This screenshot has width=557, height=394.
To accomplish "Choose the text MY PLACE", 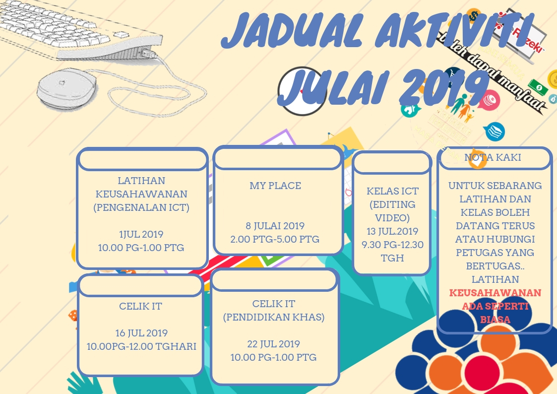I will point(275,186).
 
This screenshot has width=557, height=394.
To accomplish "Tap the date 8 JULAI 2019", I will point(275,226).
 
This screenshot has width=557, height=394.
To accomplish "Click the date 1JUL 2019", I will point(141,234).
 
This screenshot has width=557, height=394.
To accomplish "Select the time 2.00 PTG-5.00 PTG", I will point(275,239).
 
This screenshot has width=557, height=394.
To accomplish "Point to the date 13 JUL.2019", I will point(392,231).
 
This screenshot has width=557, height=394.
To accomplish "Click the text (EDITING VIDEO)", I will point(392,211).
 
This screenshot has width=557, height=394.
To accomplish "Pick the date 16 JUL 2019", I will point(141,333).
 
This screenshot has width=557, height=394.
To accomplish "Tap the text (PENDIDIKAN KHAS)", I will point(274,317).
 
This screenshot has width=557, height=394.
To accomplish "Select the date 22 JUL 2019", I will point(274,344).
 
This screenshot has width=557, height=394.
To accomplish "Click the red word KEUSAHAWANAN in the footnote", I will point(495,293).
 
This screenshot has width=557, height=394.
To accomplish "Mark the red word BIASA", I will point(495,320).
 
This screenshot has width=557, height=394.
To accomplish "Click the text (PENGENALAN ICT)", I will point(141,207).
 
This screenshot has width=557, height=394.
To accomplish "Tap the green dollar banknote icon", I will point(538,87).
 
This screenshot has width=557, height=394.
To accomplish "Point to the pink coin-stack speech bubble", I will point(490,98).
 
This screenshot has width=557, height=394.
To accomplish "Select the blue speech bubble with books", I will point(494,131).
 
